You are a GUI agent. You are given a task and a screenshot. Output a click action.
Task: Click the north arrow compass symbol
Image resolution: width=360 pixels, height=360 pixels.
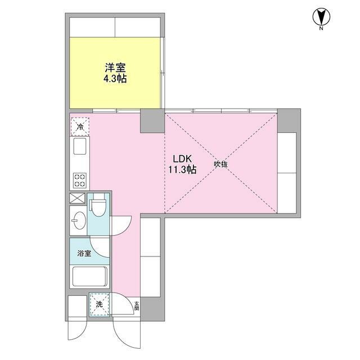pyautogui.click(x=320, y=17)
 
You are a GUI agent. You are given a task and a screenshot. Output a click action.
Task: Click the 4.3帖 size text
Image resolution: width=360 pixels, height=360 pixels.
pyautogui.click(x=115, y=79)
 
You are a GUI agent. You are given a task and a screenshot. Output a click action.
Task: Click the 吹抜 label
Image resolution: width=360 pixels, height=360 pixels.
pyautogui.click(x=220, y=164)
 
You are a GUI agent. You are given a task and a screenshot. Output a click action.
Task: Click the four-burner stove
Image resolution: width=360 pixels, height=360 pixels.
pyautogui.click(x=79, y=179)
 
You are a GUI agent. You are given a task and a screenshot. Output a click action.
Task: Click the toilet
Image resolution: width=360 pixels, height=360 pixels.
pyautogui.click(x=98, y=205)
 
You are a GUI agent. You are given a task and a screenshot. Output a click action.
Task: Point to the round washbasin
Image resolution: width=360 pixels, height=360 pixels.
pyautogui.click(x=78, y=221)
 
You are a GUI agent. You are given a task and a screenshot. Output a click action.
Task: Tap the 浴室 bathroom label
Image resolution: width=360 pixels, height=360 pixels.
pyautogui.click(x=84, y=253)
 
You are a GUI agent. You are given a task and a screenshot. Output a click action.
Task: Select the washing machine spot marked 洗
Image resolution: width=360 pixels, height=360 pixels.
pyautogui.click(x=99, y=304)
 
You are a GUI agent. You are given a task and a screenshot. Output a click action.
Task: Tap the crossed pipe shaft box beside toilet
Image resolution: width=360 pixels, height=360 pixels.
pyautogui.click(x=76, y=199)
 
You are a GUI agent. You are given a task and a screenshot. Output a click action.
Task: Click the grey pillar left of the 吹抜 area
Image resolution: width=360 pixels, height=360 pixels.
pyautogui.click(x=152, y=120)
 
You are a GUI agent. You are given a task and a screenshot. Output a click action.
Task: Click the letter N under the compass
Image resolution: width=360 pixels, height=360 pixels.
pyautogui.click(x=320, y=28)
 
